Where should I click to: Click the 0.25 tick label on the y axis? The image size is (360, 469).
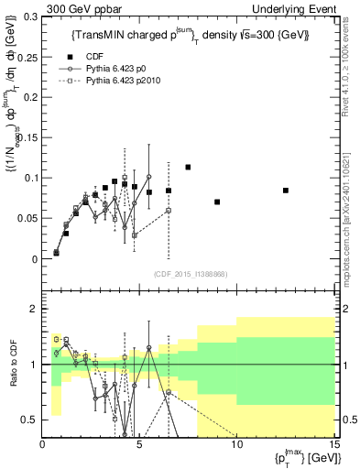click(x=27, y=57)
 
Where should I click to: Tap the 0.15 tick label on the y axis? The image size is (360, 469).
click(x=27, y=137)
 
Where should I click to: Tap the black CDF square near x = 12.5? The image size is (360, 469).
click(x=286, y=191)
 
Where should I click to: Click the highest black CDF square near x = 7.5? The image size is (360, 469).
click(x=188, y=167)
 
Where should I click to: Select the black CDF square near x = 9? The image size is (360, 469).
click(x=217, y=202)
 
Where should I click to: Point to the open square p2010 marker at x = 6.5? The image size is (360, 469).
click(x=169, y=210)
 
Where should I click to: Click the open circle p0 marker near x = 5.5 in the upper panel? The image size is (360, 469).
click(x=149, y=177)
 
